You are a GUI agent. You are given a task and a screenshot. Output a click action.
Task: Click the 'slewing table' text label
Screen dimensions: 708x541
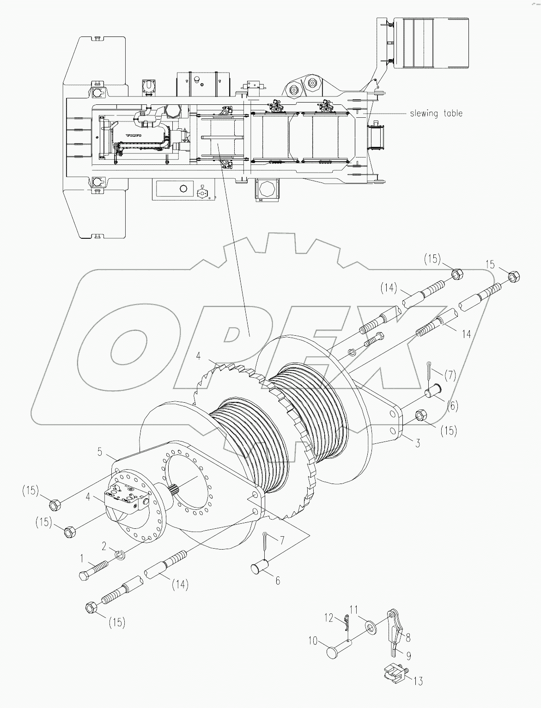point(436,113)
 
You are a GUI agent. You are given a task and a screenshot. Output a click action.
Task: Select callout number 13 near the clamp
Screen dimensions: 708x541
point(418,681)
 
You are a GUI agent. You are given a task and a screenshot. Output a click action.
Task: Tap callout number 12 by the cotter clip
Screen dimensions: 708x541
point(328,617)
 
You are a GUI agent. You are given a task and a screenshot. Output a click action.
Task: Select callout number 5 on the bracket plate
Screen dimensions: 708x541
point(100,451)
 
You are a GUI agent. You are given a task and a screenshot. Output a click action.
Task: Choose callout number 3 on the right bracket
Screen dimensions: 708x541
point(417,444)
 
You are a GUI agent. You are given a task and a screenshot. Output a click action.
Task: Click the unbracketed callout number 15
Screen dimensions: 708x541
point(490,265)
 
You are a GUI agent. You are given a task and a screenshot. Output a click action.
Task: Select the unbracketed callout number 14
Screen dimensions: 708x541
point(466,333)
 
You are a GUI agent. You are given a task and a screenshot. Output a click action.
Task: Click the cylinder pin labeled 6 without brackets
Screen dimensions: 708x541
point(261,568)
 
